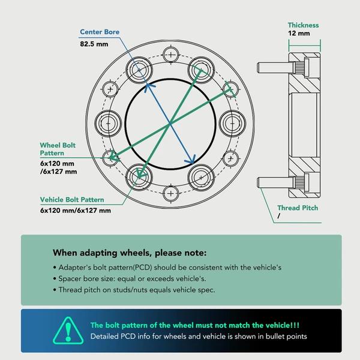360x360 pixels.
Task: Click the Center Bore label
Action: coord(100,32)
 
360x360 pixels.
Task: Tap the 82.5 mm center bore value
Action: coord(94,44)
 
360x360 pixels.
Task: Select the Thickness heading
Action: coord(303,25)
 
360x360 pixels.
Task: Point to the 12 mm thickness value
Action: coord(299,33)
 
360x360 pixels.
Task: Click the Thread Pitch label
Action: coord(298,208)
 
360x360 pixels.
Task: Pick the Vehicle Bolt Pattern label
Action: coord(72,200)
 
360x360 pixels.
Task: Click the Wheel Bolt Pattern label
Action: coord(58,149)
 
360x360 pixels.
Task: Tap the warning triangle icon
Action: coord(68,331)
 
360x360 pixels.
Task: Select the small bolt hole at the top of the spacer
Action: coord(171,55)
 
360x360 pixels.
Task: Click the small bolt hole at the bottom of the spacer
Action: coord(170,193)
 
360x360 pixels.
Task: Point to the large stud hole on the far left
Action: coord(108,124)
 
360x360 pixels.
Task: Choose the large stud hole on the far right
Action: coord(232,124)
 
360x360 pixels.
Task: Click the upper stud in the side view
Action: coord(275,68)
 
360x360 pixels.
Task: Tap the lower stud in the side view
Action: coord(275,182)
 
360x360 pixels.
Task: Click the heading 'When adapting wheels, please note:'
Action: coord(130,253)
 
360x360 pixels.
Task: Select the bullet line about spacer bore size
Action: coord(130,279)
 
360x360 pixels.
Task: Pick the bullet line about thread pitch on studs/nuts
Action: coord(134,290)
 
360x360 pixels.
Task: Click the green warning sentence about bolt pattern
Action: coord(195,325)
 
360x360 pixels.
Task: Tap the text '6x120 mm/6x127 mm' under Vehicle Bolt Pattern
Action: coord(76,211)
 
